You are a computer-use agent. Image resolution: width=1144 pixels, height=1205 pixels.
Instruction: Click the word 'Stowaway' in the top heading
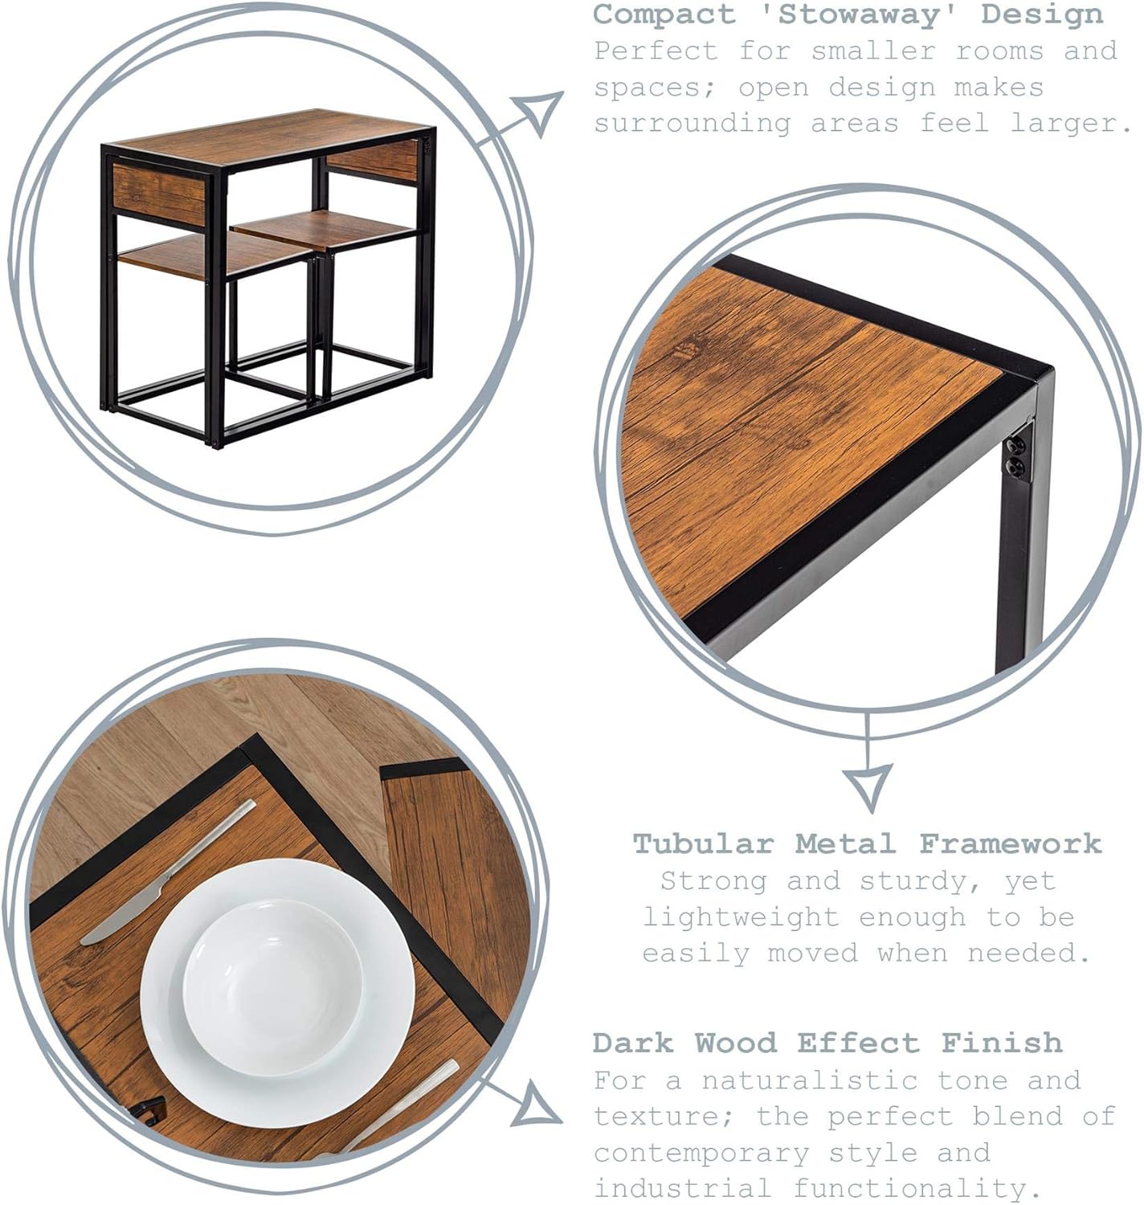click(857, 14)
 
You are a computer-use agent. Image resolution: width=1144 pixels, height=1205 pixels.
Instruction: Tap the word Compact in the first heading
click(664, 14)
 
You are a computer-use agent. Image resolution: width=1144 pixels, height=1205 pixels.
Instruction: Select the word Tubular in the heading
click(703, 844)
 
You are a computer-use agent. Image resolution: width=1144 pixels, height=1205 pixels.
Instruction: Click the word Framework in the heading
click(1011, 844)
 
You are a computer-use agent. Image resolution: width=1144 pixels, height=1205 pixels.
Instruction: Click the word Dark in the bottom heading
click(633, 1044)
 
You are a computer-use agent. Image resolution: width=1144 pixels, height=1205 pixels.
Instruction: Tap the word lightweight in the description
click(742, 918)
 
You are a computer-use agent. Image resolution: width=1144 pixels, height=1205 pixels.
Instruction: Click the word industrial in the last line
click(682, 1188)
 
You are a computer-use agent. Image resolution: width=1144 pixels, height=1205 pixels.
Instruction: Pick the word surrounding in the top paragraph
click(693, 125)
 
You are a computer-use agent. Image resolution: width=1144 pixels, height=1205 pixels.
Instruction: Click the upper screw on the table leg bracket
click(1016, 446)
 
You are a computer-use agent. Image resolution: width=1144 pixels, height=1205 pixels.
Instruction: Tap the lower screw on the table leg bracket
click(1015, 468)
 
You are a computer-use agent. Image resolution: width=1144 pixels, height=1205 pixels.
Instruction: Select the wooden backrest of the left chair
click(159, 194)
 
